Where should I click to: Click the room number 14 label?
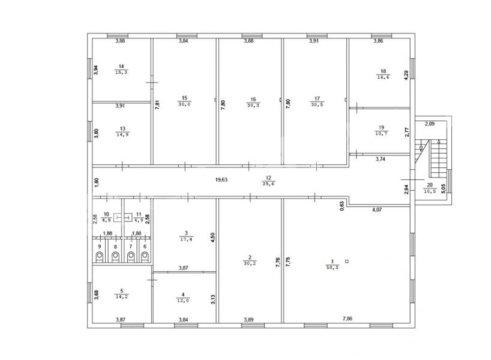(121, 67)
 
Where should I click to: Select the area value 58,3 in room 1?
(333, 268)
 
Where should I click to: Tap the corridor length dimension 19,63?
(221, 179)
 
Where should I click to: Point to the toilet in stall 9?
(100, 257)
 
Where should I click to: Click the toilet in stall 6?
(145, 257)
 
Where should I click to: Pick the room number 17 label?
(317, 98)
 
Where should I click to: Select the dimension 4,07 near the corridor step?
(377, 210)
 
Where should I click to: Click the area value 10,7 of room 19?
(381, 133)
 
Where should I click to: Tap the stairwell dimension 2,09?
(430, 124)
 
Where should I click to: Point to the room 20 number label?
(430, 185)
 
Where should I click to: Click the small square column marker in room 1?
(347, 261)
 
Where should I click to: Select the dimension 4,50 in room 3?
(212, 238)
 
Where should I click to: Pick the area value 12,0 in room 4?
(183, 301)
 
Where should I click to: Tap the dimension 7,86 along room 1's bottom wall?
(348, 319)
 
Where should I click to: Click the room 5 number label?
(122, 291)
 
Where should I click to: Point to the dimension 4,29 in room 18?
(406, 76)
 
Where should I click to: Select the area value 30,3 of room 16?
(253, 106)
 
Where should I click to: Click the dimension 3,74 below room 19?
(381, 159)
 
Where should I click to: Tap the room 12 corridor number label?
(268, 178)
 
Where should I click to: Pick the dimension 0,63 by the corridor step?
(342, 205)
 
